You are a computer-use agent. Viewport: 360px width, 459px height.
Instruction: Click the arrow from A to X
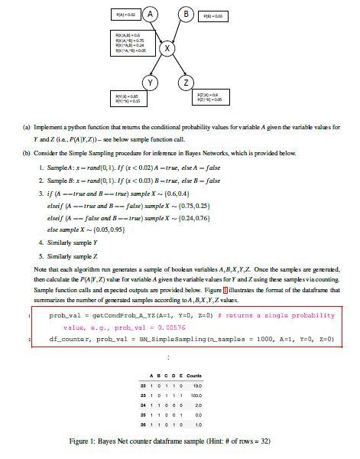160,31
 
